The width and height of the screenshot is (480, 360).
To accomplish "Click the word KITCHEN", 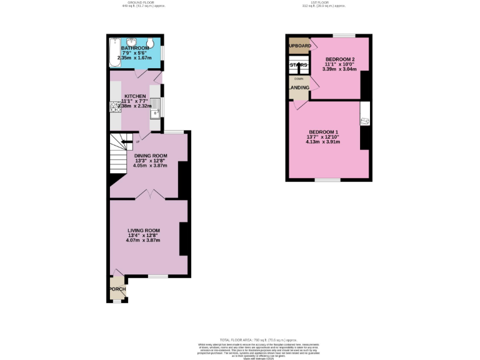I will (x=135, y=96).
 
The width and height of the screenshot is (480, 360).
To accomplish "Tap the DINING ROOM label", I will (x=151, y=156).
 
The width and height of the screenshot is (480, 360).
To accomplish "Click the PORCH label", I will (x=117, y=289).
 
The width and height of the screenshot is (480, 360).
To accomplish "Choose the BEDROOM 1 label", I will (x=323, y=132).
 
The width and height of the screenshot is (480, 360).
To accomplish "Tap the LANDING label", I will (x=298, y=87).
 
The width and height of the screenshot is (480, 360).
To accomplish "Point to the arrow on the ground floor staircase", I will (x=129, y=142).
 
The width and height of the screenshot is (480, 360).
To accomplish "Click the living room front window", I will (x=157, y=276).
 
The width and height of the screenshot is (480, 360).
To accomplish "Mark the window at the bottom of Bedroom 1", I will (x=327, y=180).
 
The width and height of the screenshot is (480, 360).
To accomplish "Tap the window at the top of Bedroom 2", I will (x=343, y=34).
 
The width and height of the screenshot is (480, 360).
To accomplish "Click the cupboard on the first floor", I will (x=299, y=46).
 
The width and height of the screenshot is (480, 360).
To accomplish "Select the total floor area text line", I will (x=240, y=338).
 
